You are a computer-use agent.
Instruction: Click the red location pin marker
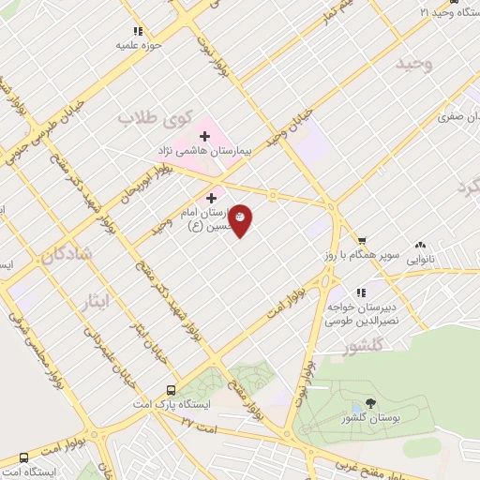(241, 218)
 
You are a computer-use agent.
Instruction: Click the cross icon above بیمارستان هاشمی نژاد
(204, 137)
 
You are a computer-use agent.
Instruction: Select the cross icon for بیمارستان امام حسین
(211, 199)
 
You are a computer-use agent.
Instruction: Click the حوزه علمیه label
(139, 44)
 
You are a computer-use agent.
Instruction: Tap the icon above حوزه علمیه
(139, 31)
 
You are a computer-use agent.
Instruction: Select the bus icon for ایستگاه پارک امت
(171, 390)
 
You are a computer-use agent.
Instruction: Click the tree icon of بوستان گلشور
(371, 403)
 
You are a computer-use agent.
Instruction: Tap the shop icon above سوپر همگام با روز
(362, 240)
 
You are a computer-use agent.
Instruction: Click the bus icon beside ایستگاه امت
(23, 458)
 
